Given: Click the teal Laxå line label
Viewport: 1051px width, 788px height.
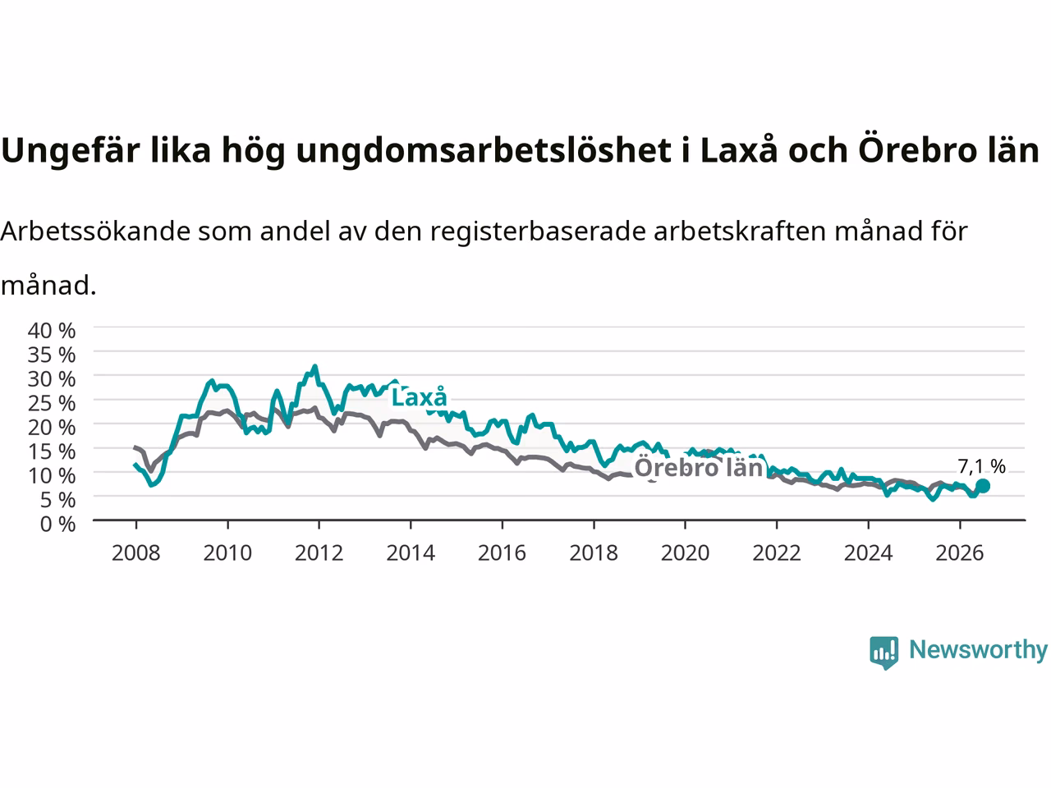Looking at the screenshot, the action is [419, 397].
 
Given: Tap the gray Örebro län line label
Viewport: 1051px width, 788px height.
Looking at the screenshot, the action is [699, 467].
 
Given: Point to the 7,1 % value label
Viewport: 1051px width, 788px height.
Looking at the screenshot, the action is [981, 466].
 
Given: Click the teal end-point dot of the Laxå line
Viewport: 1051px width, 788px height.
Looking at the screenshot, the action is [983, 486].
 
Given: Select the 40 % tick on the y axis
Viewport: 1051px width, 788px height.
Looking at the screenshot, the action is [52, 331].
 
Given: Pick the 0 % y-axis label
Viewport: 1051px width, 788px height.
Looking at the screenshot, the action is [58, 525].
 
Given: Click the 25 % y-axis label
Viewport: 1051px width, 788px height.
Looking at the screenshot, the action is [52, 403].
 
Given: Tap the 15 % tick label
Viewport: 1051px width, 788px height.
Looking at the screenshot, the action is [52, 451].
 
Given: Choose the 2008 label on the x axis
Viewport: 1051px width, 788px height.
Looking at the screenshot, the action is [136, 553].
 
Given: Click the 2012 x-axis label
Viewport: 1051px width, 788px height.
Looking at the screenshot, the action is [319, 553].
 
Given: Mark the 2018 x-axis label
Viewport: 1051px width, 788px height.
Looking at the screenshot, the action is [594, 553].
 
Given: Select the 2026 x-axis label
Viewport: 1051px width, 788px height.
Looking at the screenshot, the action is [960, 553].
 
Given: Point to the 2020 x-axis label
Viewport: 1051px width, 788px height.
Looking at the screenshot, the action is [685, 553].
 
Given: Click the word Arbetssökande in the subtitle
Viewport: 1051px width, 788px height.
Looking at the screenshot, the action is [95, 231].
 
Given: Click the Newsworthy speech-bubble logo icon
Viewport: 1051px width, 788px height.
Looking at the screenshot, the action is [883, 653].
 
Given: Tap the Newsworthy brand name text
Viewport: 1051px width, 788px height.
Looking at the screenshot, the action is [978, 650].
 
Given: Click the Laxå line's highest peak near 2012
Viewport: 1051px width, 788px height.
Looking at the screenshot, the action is [314, 366].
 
